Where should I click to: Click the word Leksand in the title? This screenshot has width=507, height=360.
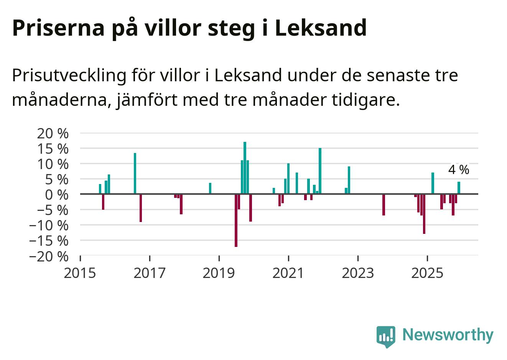coord(321,28)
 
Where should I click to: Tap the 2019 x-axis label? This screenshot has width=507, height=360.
coord(219,273)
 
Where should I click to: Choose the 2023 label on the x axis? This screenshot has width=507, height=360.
coord(357,273)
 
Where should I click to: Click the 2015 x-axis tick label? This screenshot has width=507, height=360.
coord(80,273)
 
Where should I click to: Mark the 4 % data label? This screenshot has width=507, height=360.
coord(458,170)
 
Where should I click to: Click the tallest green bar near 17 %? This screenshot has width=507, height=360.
coord(245,168)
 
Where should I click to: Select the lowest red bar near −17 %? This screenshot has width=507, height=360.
coord(236,220)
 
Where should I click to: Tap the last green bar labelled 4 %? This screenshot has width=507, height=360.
coord(459,188)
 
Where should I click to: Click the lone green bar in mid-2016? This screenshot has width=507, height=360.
coord(135,173)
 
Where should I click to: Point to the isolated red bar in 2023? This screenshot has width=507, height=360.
coord(384,205)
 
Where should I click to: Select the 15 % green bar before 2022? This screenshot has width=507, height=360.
coord(320,171)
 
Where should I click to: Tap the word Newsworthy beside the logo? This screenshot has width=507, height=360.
coord(448,335)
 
